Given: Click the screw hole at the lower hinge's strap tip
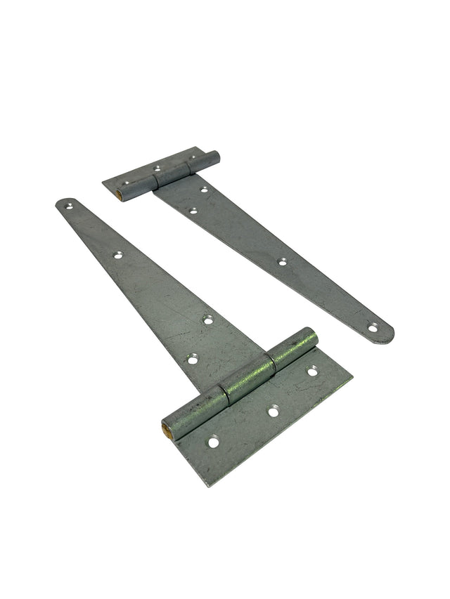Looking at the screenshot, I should tap(69, 206).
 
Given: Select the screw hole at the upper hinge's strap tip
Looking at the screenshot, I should tap(373, 327).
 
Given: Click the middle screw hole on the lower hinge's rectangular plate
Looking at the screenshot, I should tap(273, 412).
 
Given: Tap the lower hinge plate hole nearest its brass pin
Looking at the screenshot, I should tap(213, 442).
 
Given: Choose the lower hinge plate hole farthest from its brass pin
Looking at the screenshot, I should tap(312, 371).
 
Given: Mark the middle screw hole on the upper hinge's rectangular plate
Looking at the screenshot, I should tap(157, 169).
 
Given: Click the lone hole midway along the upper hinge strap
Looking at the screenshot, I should tap(282, 262).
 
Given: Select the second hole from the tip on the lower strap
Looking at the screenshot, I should tap(118, 255).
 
